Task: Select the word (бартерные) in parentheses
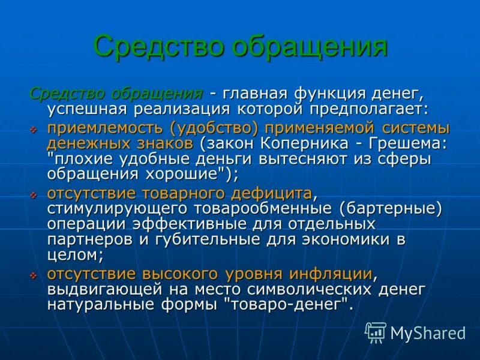tap(389, 208)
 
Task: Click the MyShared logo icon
tap(376, 332)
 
